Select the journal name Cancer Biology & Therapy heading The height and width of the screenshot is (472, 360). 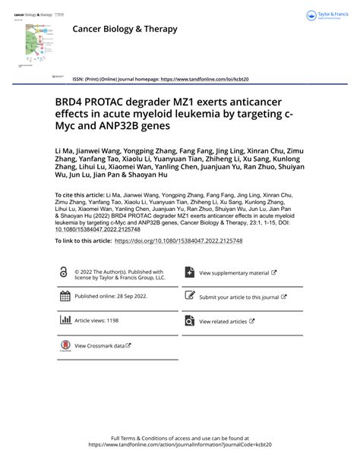[x=125, y=29]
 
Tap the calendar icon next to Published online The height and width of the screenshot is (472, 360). [x=64, y=297]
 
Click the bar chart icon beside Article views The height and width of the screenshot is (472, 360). [x=64, y=320]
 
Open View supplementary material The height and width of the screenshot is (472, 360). [x=234, y=272]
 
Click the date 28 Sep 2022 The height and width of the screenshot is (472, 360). [x=133, y=297]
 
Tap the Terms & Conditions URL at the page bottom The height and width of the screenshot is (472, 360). [x=179, y=445]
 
